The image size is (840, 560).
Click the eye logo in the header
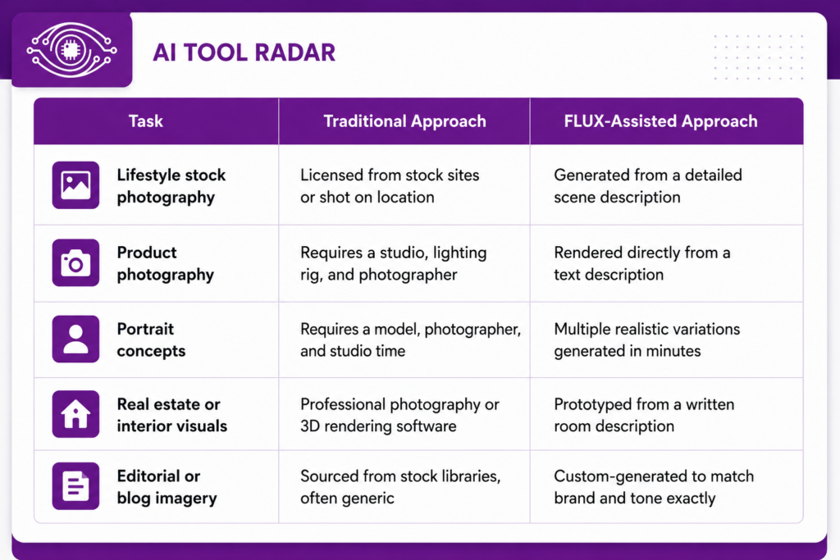tap(72, 50)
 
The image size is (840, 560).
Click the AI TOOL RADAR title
tap(244, 52)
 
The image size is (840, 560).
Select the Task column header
tap(146, 121)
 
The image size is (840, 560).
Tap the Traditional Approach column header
tap(404, 121)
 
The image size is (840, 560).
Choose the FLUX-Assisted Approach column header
tap(660, 121)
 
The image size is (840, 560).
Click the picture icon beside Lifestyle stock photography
tap(75, 185)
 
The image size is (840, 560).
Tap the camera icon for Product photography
tap(75, 262)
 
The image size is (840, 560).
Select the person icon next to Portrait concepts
tap(75, 339)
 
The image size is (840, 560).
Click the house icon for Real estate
tap(75, 414)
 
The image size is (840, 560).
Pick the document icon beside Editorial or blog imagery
tap(75, 486)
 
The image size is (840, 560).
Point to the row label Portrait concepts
tap(151, 339)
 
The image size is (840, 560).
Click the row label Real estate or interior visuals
tap(172, 415)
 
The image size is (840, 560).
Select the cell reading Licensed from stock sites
tap(390, 186)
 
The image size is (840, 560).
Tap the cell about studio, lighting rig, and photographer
tap(393, 263)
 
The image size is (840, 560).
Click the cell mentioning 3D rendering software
tap(399, 415)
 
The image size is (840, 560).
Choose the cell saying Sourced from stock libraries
tap(400, 487)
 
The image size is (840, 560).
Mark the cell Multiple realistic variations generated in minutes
tap(646, 339)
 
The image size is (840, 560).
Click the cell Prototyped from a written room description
tap(644, 415)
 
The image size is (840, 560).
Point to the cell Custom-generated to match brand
tap(654, 487)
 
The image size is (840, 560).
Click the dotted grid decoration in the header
tap(759, 57)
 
